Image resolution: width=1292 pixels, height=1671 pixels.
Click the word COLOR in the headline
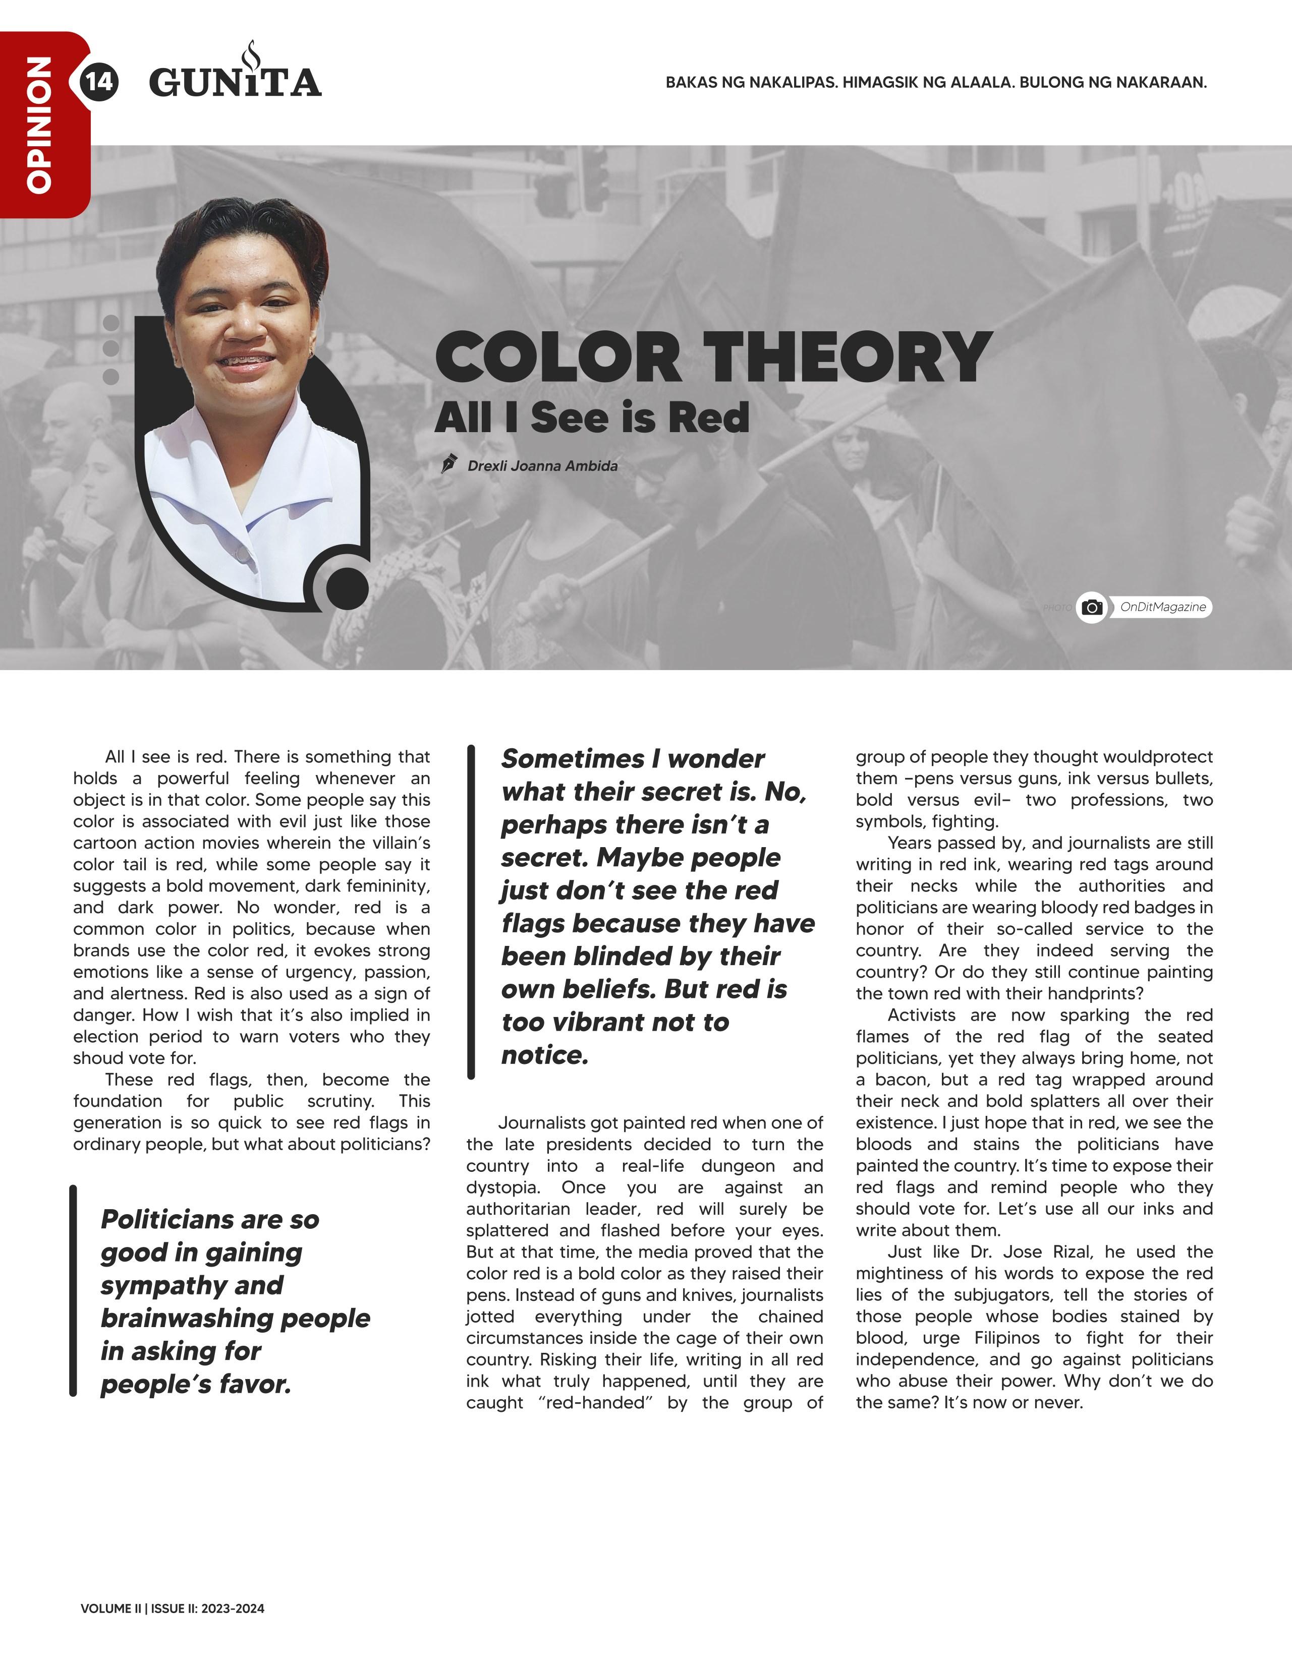pos(558,358)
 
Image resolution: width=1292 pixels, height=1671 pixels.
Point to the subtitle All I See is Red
pos(592,417)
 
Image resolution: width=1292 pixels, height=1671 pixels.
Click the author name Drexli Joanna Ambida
pos(543,466)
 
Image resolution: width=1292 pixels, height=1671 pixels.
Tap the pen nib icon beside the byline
pos(450,464)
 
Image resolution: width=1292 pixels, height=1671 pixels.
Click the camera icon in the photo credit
pos(1092,608)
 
